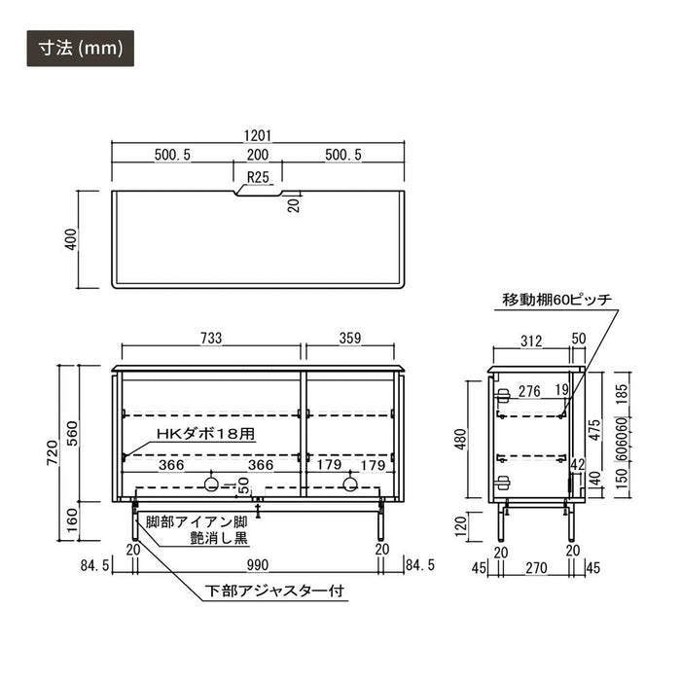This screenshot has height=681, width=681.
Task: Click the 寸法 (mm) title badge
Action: pyautogui.click(x=81, y=49)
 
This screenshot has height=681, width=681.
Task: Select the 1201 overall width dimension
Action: pyautogui.click(x=258, y=136)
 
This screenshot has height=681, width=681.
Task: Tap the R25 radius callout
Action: pyautogui.click(x=258, y=177)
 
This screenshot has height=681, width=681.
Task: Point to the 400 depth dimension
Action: pyautogui.click(x=70, y=239)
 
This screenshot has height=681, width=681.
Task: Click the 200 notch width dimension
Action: pyautogui.click(x=258, y=155)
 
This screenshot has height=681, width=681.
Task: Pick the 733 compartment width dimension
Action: pyautogui.click(x=211, y=338)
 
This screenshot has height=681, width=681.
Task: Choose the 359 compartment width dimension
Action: pyautogui.click(x=350, y=338)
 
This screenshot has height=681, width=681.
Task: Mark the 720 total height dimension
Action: pyautogui.click(x=53, y=453)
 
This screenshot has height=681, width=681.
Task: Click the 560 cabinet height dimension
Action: pyautogui.click(x=72, y=434)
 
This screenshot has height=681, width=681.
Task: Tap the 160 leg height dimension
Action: pyautogui.click(x=72, y=520)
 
